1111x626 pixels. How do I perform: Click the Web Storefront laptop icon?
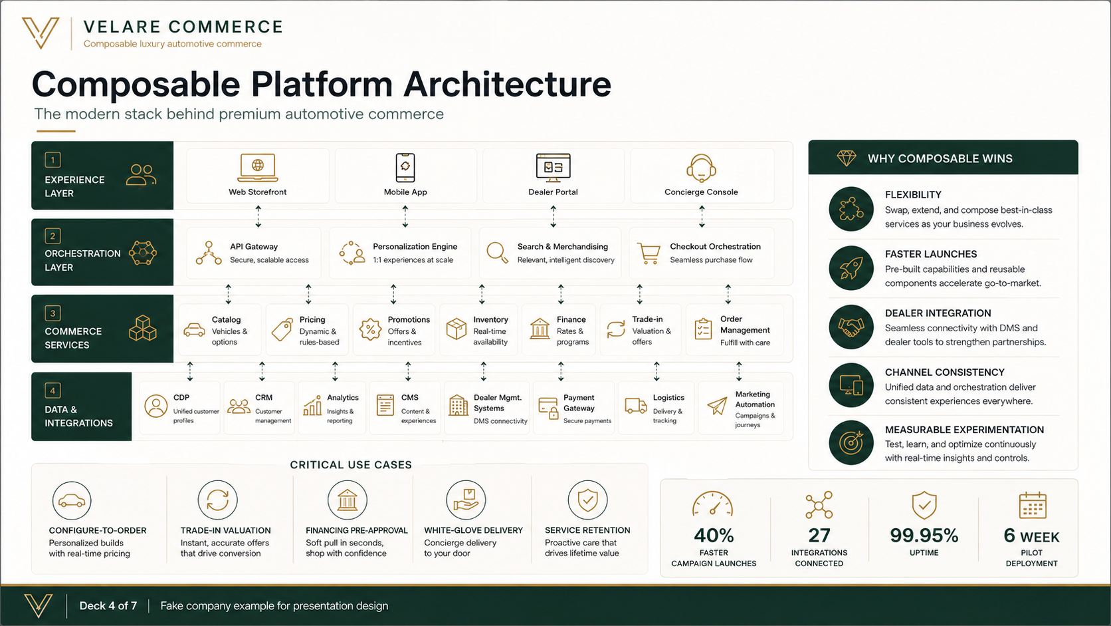pyautogui.click(x=257, y=167)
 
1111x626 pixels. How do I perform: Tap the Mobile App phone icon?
pyautogui.click(x=405, y=167)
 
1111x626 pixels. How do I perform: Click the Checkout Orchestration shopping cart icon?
pyautogui.click(x=649, y=253)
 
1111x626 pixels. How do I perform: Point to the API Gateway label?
pyautogui.click(x=253, y=246)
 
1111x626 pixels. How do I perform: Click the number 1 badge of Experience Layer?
pyautogui.click(x=52, y=160)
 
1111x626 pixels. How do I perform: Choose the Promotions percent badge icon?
pyautogui.click(x=370, y=329)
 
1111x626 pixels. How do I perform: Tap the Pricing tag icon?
pyautogui.click(x=282, y=329)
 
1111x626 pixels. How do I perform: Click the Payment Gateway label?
pyautogui.click(x=579, y=402)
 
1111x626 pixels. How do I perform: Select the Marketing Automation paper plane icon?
pyautogui.click(x=717, y=406)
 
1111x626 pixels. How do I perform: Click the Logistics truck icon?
pyautogui.click(x=635, y=406)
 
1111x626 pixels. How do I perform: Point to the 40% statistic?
pyautogui.click(x=713, y=535)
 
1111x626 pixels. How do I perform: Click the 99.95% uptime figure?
pyautogui.click(x=924, y=535)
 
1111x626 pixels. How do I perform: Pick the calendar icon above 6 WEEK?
pyautogui.click(x=1033, y=506)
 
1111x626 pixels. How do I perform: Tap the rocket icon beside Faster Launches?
pyautogui.click(x=851, y=268)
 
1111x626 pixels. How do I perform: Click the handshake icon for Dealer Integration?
pyautogui.click(x=851, y=327)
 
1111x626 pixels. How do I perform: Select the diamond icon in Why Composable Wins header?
pyautogui.click(x=846, y=158)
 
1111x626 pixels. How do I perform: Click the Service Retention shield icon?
pyautogui.click(x=588, y=500)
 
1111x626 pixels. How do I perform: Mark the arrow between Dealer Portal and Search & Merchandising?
pyautogui.click(x=553, y=216)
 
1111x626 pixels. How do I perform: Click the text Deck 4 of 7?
pyautogui.click(x=108, y=605)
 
